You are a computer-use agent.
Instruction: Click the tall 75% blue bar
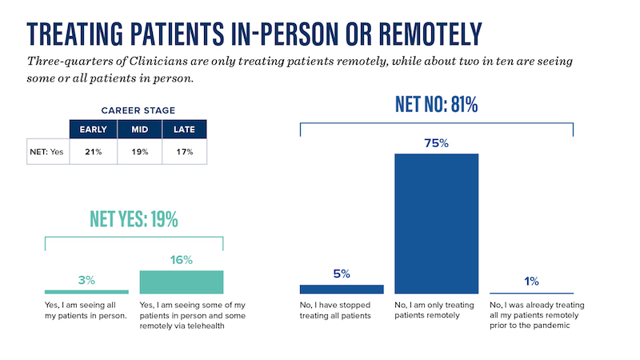[x=436, y=223]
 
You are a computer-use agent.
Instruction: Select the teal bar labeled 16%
[x=181, y=282]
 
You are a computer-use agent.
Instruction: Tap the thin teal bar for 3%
[x=86, y=292]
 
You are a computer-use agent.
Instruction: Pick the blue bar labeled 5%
[x=342, y=289]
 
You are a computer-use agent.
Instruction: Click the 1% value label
[x=531, y=281]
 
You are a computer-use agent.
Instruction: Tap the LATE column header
[x=184, y=128]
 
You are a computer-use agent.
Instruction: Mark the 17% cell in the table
[x=184, y=152]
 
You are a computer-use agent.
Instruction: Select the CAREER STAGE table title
[x=138, y=110]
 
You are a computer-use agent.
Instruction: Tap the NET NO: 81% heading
[x=436, y=104]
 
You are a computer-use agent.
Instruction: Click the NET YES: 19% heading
[x=134, y=219]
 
